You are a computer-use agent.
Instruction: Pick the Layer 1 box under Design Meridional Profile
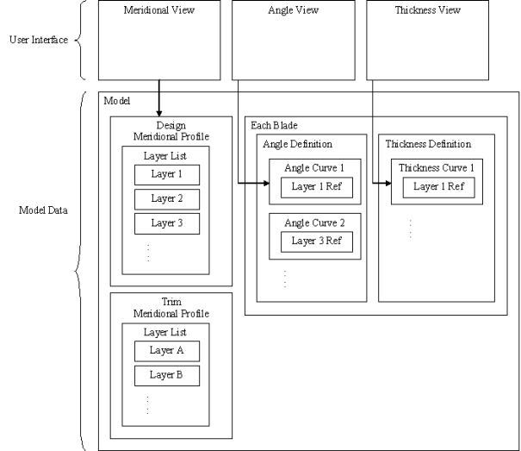point(167,175)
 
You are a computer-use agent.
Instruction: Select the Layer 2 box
point(167,199)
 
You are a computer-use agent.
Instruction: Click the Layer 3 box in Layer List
point(167,223)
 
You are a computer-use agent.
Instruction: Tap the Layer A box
point(167,351)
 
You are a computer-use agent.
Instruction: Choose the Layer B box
point(167,375)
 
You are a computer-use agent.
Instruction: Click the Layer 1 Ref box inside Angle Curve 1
point(316,186)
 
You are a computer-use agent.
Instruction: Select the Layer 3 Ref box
point(316,241)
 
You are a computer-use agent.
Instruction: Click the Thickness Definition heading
point(427,144)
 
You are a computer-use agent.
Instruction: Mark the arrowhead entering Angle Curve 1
point(266,183)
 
